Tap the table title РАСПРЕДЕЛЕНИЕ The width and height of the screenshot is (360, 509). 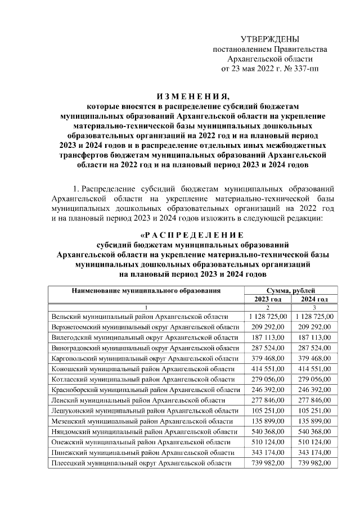(191, 235)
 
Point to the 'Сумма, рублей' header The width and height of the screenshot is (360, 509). (290, 290)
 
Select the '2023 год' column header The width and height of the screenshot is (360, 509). (267, 299)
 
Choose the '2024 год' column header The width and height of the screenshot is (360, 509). (314, 299)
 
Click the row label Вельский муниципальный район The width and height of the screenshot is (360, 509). (139, 317)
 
